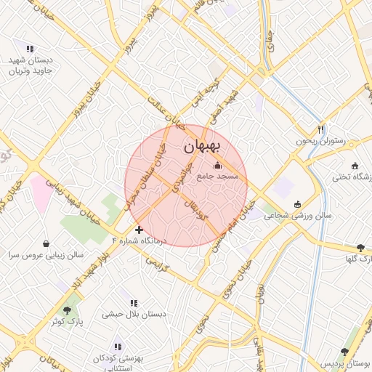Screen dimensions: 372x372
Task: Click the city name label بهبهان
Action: (205, 145)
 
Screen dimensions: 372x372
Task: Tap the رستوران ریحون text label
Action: (323, 141)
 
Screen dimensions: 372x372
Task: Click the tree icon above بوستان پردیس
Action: (344, 351)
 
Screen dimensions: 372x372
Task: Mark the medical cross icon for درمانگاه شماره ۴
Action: (139, 230)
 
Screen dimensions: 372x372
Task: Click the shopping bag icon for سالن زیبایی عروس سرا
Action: (46, 243)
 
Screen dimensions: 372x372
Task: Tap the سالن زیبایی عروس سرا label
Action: (46, 256)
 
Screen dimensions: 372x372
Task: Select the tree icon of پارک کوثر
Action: (67, 310)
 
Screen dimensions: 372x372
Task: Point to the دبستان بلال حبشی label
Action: (134, 314)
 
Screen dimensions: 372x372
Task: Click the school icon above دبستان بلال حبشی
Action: (134, 302)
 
